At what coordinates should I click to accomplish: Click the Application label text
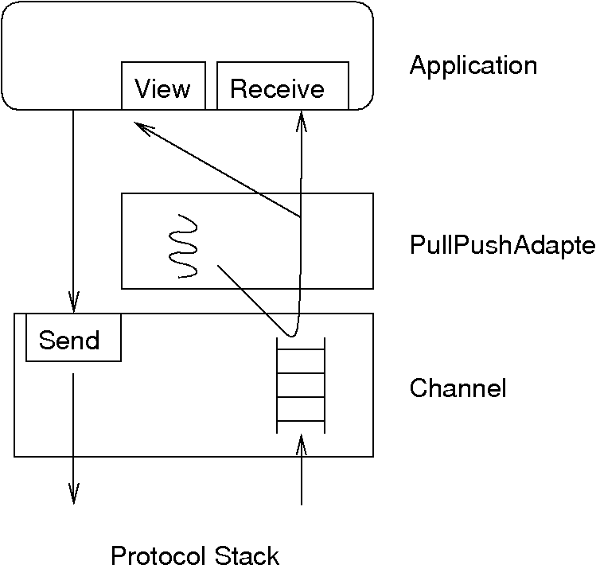(x=473, y=65)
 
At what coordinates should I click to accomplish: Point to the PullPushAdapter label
(x=502, y=245)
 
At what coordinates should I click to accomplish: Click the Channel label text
(x=458, y=388)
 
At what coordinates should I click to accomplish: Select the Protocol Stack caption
(x=195, y=555)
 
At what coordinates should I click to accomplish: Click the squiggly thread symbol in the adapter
(x=185, y=245)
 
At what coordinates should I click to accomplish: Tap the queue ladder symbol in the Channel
(x=301, y=384)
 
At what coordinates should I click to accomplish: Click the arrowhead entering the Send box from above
(x=73, y=305)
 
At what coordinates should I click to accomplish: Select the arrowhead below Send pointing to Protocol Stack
(x=73, y=496)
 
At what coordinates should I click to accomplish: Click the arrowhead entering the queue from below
(x=301, y=442)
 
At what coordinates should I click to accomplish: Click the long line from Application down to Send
(x=73, y=207)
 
